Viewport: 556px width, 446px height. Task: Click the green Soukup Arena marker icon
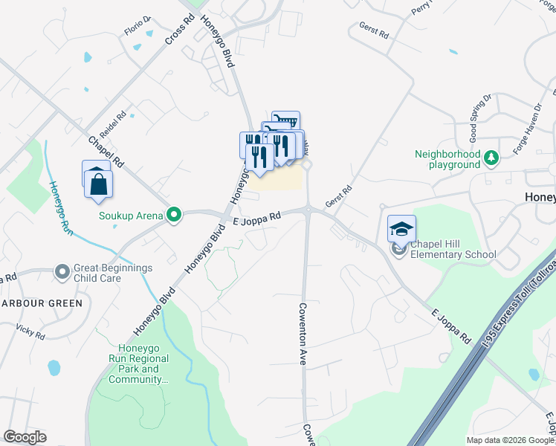(x=174, y=216)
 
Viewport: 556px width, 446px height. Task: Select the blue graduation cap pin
(x=401, y=230)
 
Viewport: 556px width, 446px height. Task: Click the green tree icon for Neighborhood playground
(x=491, y=158)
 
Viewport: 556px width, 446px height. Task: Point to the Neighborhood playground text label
(x=447, y=159)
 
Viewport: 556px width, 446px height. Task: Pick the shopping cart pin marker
(x=285, y=122)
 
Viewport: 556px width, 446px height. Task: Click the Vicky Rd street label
(x=30, y=332)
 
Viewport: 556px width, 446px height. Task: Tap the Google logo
(x=25, y=436)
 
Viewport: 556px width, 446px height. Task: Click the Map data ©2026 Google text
(x=510, y=440)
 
